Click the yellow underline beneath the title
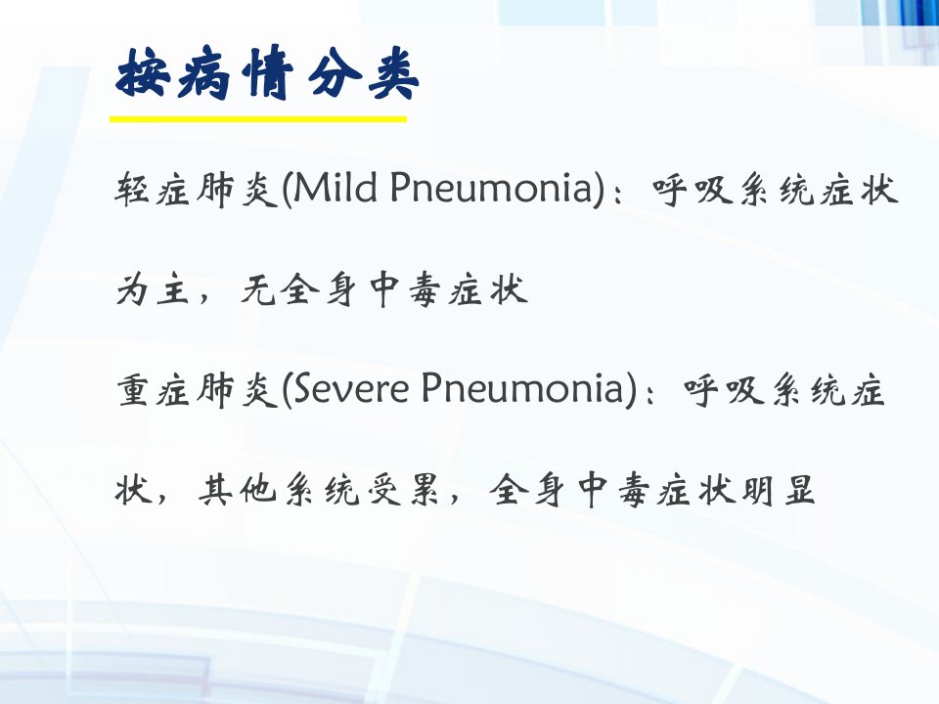click(258, 119)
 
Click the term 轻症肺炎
click(197, 189)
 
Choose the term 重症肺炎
click(197, 390)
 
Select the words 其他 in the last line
click(237, 490)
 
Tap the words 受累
click(402, 490)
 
